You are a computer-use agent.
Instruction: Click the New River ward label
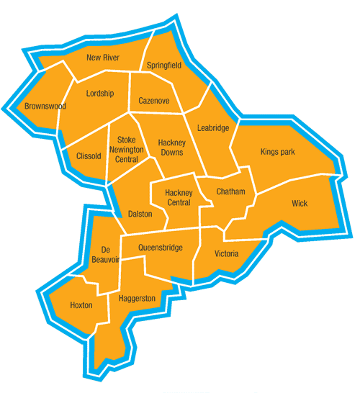tap(102, 57)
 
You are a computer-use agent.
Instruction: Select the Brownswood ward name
tap(45, 107)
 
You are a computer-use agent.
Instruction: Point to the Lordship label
tap(99, 94)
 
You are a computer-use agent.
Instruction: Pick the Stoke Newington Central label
tap(126, 149)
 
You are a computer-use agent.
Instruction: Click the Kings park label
tap(278, 152)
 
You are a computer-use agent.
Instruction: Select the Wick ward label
tap(300, 204)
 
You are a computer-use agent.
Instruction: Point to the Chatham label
tap(230, 192)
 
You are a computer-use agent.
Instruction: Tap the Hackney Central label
tap(178, 197)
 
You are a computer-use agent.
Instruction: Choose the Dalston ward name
tap(140, 214)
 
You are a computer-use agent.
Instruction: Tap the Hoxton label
tap(81, 305)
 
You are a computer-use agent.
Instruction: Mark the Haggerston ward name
tap(131, 297)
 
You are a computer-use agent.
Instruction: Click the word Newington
tap(126, 149)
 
